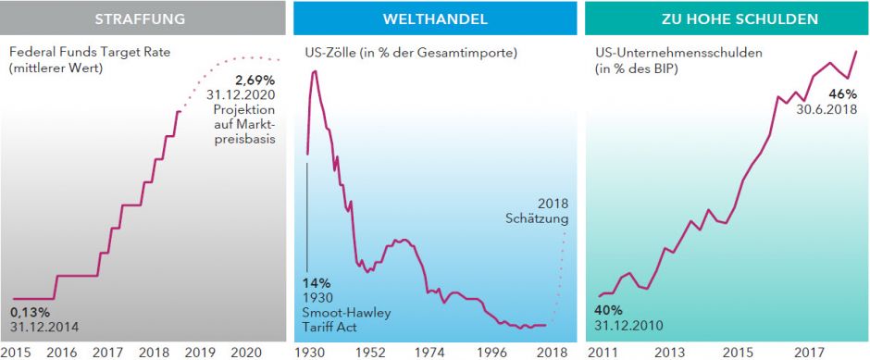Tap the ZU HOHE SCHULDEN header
click(x=725, y=19)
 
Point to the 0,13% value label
click(x=31, y=312)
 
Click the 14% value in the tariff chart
click(x=317, y=283)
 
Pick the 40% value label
click(x=607, y=310)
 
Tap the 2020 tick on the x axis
click(x=245, y=352)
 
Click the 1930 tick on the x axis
click(x=310, y=352)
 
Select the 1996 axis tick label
click(x=491, y=352)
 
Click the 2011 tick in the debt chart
click(x=602, y=352)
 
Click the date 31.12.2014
click(x=44, y=327)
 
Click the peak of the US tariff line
click(x=316, y=70)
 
